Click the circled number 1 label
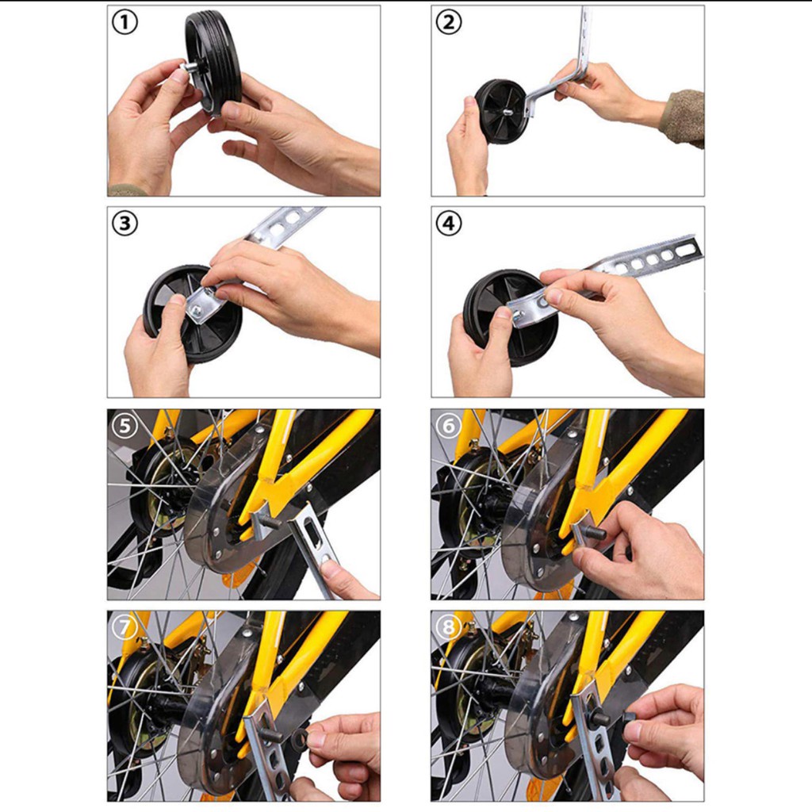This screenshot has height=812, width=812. [124, 23]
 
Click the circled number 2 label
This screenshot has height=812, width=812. [449, 22]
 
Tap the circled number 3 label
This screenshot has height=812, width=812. [124, 224]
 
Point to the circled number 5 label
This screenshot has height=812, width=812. [124, 426]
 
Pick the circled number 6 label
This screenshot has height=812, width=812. [449, 426]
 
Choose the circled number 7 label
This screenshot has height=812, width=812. [124, 627]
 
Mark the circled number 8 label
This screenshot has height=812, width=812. [449, 627]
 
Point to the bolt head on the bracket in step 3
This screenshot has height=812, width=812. [197, 310]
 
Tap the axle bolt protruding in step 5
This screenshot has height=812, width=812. [270, 520]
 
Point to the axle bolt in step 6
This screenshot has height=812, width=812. [595, 532]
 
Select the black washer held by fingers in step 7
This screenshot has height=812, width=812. [300, 735]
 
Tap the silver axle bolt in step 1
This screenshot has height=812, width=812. [190, 67]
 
